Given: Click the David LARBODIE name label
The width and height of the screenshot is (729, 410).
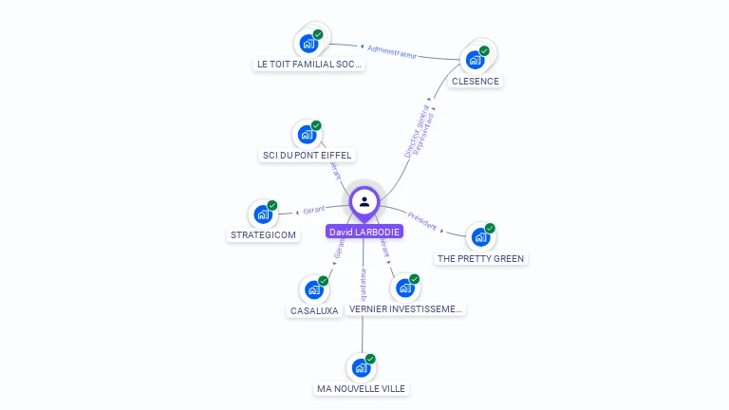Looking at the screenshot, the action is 364,232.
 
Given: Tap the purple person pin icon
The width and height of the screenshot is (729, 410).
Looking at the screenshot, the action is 364,201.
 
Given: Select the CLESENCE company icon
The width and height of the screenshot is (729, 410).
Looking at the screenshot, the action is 475,60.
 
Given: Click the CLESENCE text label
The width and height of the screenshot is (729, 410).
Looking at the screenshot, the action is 475,82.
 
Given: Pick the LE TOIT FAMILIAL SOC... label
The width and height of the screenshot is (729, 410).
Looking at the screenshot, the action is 309,65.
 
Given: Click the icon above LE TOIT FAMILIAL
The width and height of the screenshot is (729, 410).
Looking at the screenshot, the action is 308,43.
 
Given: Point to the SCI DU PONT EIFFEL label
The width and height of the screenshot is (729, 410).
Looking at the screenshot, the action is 307,155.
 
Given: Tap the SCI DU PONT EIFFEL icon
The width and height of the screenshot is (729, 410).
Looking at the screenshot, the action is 307,134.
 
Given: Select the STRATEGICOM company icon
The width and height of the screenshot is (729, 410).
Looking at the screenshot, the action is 263,214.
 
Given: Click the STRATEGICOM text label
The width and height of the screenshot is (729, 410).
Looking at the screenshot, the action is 263,234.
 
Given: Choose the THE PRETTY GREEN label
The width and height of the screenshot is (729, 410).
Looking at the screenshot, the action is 480,258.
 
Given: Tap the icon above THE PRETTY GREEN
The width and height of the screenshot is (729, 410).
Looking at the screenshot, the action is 480,236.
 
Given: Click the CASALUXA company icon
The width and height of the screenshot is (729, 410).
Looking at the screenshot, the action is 313,289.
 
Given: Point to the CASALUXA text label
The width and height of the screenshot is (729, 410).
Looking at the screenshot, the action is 313,310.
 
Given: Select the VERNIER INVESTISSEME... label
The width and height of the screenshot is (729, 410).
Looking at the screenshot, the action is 405,309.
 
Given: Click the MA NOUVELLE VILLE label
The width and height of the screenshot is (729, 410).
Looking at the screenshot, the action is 361,388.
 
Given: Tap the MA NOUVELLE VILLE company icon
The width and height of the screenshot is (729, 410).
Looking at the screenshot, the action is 361,367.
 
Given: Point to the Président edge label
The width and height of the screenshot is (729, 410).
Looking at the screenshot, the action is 423,220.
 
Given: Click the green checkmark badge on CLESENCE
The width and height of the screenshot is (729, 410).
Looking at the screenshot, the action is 484,51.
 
